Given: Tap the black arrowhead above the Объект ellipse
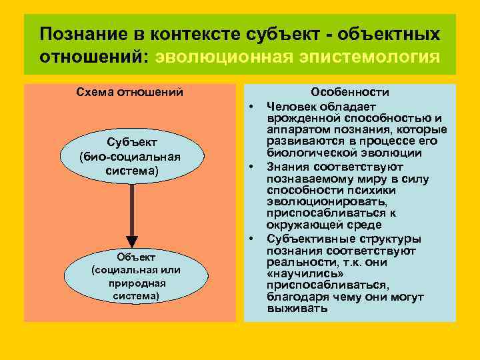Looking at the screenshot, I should (x=132, y=241).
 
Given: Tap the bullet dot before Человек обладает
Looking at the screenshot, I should (x=253, y=105).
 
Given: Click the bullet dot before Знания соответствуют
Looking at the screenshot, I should (x=253, y=166).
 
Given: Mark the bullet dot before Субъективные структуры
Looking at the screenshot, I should (x=253, y=238).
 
